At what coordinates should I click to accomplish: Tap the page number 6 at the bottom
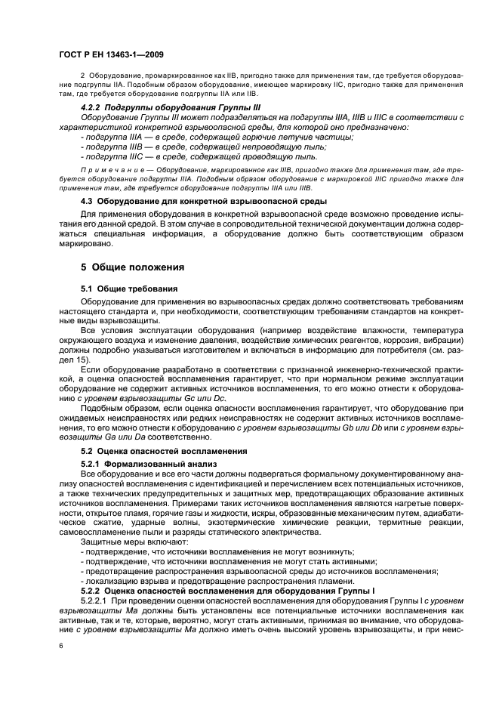pos(60,646)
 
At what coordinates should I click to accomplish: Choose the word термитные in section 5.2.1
pos(410,522)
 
